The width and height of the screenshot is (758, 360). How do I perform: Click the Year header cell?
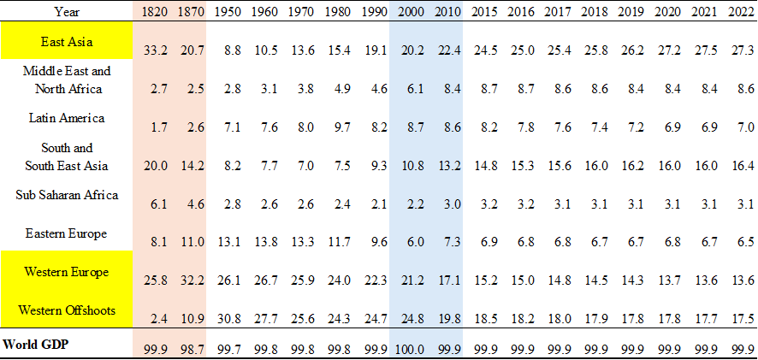(67, 11)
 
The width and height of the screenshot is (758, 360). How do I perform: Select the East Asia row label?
(67, 41)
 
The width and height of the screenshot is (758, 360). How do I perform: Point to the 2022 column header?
(740, 11)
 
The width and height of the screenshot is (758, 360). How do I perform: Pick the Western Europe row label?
(67, 272)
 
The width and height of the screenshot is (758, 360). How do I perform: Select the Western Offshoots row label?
(67, 310)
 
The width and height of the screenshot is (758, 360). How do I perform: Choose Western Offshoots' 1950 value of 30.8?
(226, 318)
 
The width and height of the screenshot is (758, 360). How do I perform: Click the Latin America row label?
(67, 118)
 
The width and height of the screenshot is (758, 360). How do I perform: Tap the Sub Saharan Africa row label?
(67, 194)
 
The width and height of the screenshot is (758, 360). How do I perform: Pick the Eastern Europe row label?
(67, 233)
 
